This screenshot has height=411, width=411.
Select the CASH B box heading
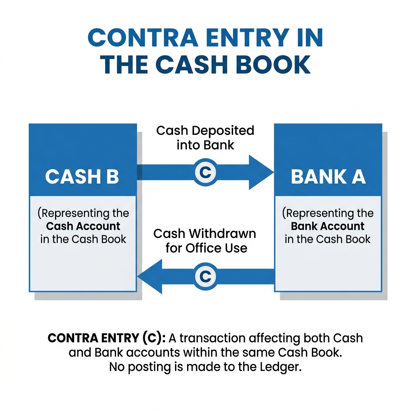[82, 177]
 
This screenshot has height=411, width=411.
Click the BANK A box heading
[328, 177]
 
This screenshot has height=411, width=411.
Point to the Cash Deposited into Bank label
[205, 137]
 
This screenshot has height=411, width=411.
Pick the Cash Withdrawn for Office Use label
[205, 240]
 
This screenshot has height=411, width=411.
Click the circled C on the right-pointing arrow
[205, 173]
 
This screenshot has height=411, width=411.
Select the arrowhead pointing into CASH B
[151, 276]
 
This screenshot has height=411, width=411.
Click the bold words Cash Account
[83, 226]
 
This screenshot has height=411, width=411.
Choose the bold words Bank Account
[328, 226]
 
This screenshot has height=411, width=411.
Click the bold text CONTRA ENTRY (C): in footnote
[106, 338]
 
